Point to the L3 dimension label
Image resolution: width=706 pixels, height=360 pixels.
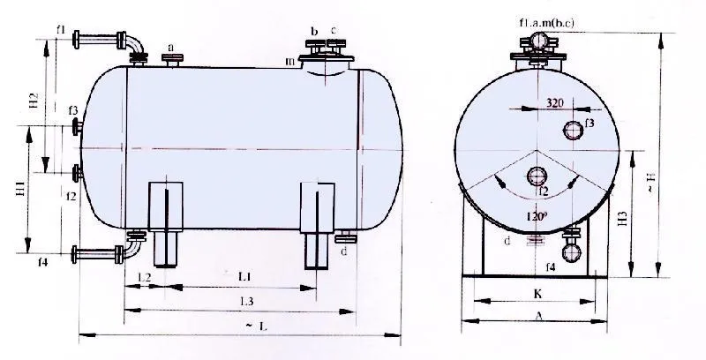[x=247, y=303]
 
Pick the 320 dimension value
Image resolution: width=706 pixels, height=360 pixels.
[x=554, y=103]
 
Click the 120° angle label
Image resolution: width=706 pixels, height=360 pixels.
[x=536, y=214]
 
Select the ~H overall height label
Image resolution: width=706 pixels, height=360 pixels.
[x=674, y=188]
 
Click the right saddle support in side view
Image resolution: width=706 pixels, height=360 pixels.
[x=319, y=224]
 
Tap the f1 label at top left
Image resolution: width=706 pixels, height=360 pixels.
[x=62, y=29]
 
